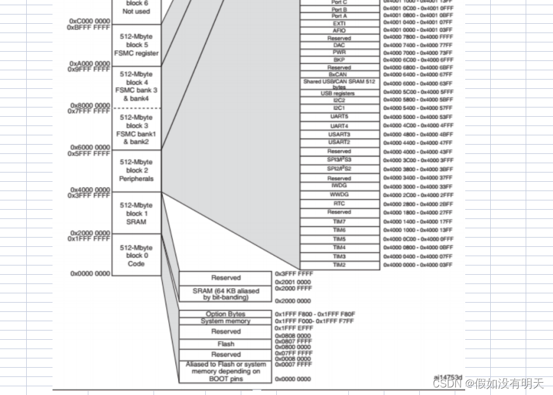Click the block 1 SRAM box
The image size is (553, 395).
pyautogui.click(x=137, y=213)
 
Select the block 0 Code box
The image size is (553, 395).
pyautogui.click(x=137, y=256)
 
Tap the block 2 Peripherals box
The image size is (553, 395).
pyautogui.click(x=137, y=171)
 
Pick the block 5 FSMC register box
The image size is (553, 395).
pyautogui.click(x=137, y=45)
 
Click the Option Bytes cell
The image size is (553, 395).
pyautogui.click(x=226, y=314)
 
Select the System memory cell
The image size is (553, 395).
pyautogui.click(x=226, y=321)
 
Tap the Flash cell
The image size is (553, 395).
pyautogui.click(x=226, y=344)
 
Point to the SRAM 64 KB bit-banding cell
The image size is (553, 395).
pyautogui.click(x=226, y=294)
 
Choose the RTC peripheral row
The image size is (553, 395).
pyautogui.click(x=340, y=204)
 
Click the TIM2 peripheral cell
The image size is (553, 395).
pyautogui.click(x=340, y=265)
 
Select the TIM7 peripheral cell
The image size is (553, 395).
pyautogui.click(x=340, y=222)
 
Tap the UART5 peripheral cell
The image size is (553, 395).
pyautogui.click(x=340, y=117)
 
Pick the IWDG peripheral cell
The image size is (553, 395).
pyautogui.click(x=340, y=186)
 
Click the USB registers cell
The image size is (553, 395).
pyautogui.click(x=340, y=93)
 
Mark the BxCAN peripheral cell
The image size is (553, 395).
pyautogui.click(x=340, y=74)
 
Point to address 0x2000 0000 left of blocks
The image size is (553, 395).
pyautogui.click(x=90, y=233)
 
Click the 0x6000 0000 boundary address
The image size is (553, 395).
pyautogui.click(x=90, y=148)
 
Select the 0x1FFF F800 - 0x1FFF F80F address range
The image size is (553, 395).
pyautogui.click(x=315, y=314)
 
